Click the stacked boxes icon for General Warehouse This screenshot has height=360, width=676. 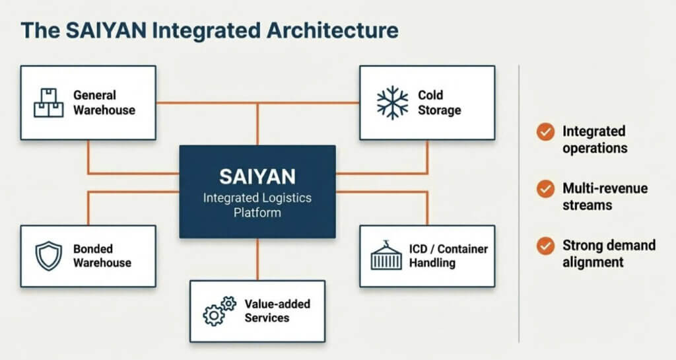click(49, 103)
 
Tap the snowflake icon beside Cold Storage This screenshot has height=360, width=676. click(392, 103)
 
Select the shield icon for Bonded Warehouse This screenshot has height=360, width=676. click(48, 256)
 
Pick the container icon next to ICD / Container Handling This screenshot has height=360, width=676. click(387, 256)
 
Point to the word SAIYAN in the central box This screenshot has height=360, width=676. click(257, 176)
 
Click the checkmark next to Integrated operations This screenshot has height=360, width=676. click(545, 132)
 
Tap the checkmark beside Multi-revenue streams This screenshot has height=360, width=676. click(545, 190)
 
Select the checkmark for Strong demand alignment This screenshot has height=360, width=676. click(545, 246)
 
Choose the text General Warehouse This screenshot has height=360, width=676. click(104, 103)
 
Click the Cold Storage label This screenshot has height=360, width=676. click(439, 103)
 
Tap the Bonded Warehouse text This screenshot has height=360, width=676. click(102, 256)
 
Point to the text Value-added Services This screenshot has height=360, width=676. click(277, 310)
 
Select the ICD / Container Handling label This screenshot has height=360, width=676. click(448, 256)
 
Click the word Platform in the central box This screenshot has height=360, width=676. click(257, 213)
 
